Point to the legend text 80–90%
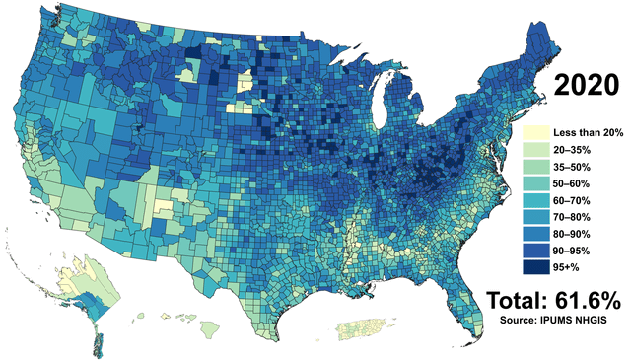coord(573,234)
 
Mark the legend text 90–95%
coord(573,251)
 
